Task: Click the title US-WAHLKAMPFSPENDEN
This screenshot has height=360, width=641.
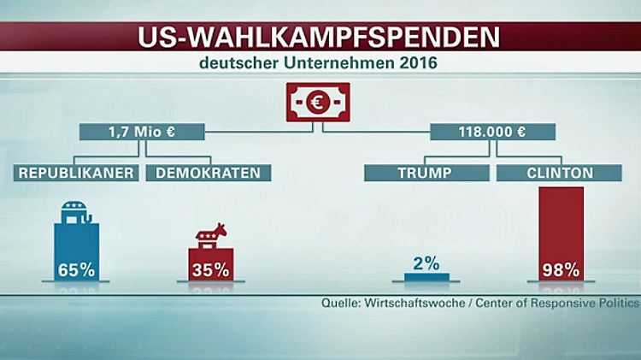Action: (x=320, y=37)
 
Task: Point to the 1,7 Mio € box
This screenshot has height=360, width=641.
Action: (x=144, y=133)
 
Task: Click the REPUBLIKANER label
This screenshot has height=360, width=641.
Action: (x=77, y=173)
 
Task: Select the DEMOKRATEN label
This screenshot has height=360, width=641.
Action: (x=203, y=173)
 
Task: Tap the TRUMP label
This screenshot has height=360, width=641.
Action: (x=425, y=173)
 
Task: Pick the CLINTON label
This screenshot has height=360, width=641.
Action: (x=560, y=173)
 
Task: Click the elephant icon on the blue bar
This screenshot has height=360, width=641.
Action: (x=77, y=211)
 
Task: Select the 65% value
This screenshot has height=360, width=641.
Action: (x=76, y=270)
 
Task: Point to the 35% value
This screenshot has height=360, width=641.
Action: (x=209, y=270)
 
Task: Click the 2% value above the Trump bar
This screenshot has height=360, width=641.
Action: (x=426, y=263)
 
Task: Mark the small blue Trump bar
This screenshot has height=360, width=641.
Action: (x=426, y=276)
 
